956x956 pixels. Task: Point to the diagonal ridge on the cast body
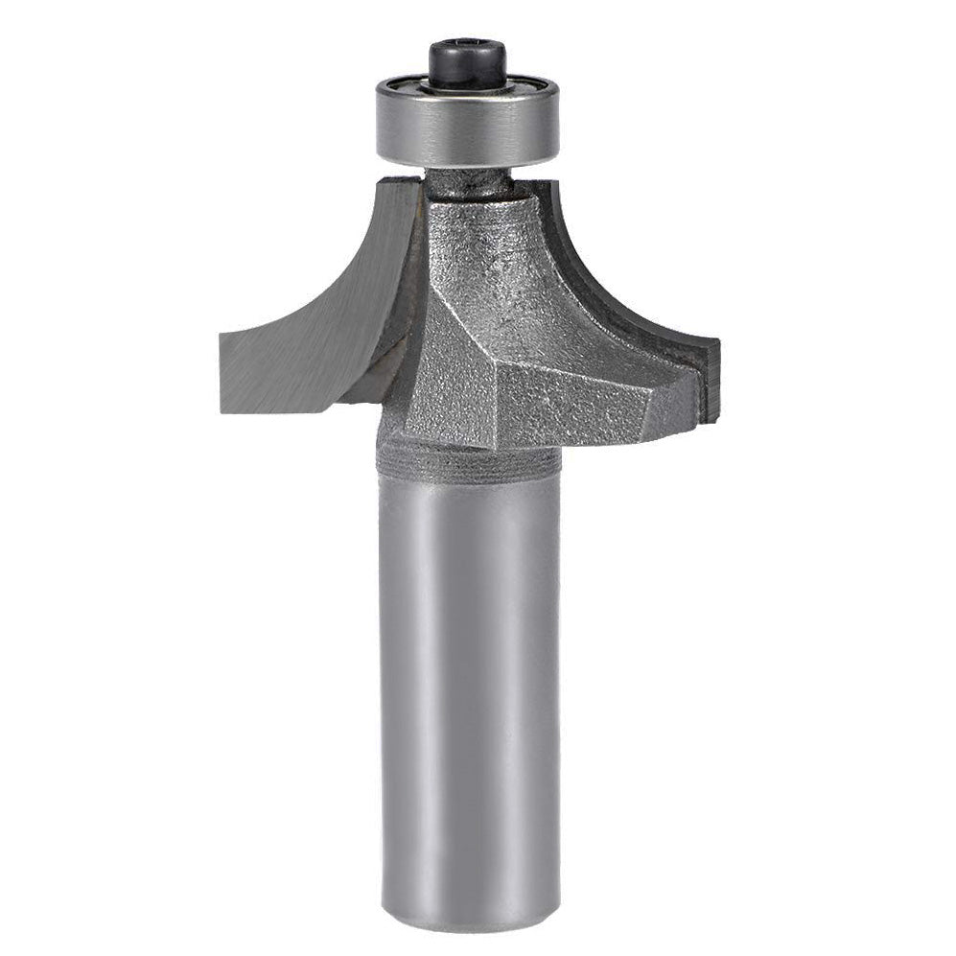[460, 316]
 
